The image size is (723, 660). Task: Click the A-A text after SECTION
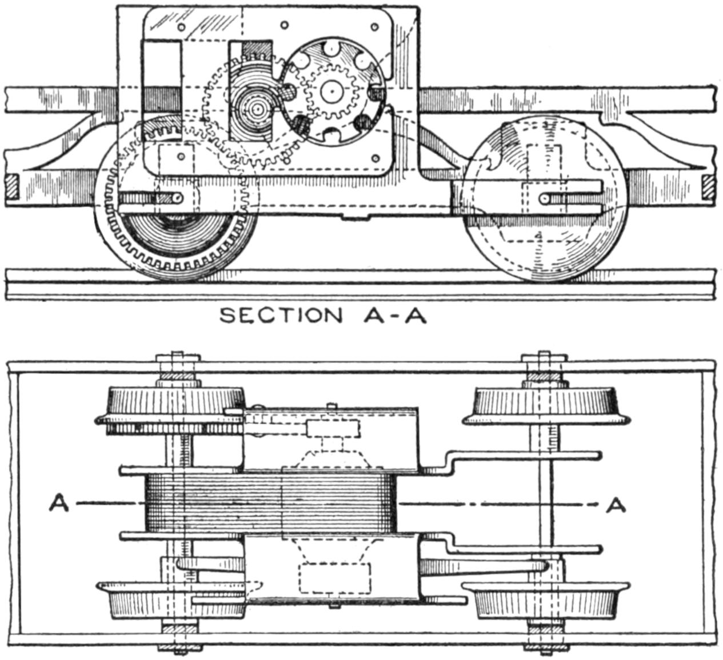(x=395, y=315)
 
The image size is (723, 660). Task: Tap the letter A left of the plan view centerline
(x=58, y=504)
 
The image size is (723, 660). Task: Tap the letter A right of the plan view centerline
(x=616, y=504)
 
